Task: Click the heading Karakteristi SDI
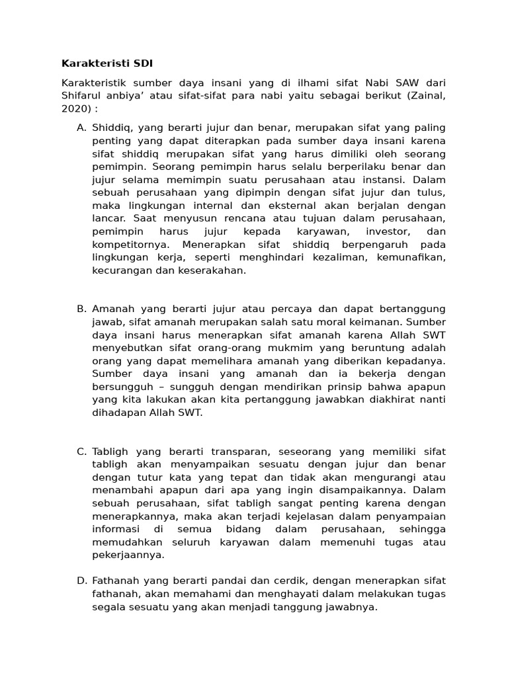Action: pyautogui.click(x=106, y=63)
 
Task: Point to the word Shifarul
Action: pyautogui.click(x=82, y=95)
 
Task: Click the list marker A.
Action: pyautogui.click(x=81, y=127)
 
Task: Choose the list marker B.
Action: pyautogui.click(x=81, y=309)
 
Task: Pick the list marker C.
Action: pyautogui.click(x=81, y=452)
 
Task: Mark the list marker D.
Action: pyautogui.click(x=81, y=580)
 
